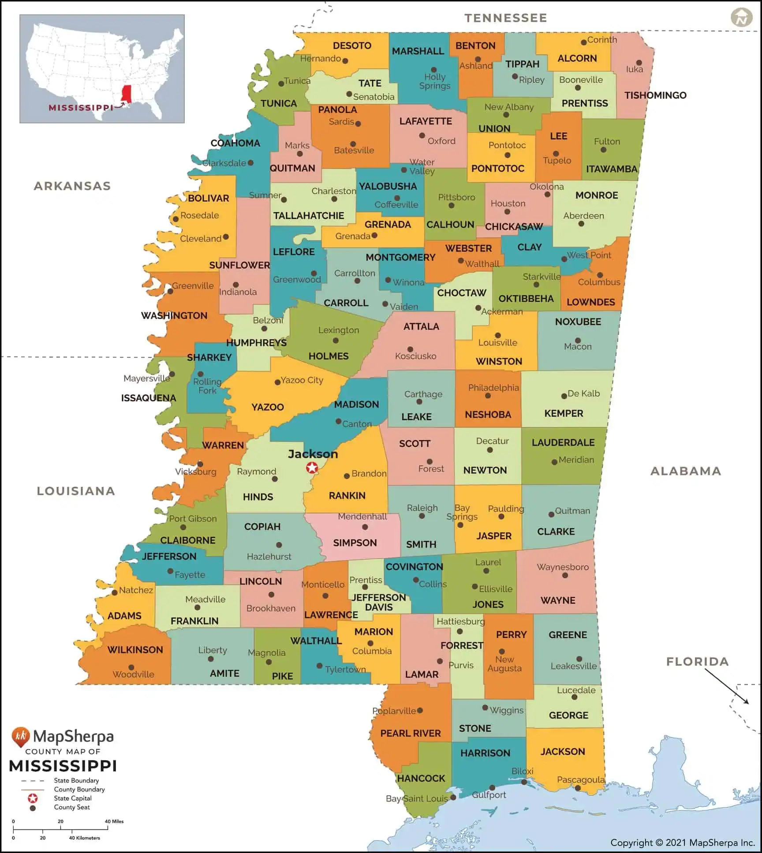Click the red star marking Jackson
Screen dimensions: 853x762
(312, 467)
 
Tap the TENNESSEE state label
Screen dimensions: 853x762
(505, 18)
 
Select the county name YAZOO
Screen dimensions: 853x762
(267, 407)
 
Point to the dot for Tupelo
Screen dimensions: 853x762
(556, 154)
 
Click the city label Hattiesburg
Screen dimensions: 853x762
(460, 621)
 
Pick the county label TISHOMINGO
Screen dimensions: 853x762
(655, 95)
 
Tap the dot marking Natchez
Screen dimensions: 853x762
(115, 593)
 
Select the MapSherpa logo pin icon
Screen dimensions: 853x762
(20, 737)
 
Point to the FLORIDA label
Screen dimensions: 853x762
(697, 661)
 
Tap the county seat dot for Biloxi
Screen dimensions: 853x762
(524, 782)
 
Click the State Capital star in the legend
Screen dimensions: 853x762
(33, 798)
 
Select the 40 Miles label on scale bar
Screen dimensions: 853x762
(114, 821)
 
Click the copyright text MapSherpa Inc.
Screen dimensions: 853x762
(683, 843)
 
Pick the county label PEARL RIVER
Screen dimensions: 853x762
(410, 733)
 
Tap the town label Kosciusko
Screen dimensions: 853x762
(415, 356)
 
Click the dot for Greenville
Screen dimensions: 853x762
(170, 291)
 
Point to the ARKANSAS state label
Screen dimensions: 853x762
(72, 186)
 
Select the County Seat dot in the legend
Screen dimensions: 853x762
(33, 808)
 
